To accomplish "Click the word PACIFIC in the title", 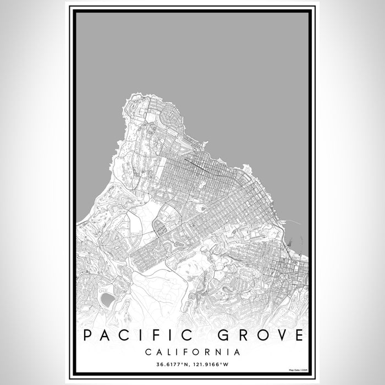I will click(133, 335).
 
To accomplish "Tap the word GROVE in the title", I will click(256, 335).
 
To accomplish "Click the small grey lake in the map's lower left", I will click(108, 299).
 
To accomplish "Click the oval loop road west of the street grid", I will click(160, 227).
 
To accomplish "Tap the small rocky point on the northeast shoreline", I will click(246, 167).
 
